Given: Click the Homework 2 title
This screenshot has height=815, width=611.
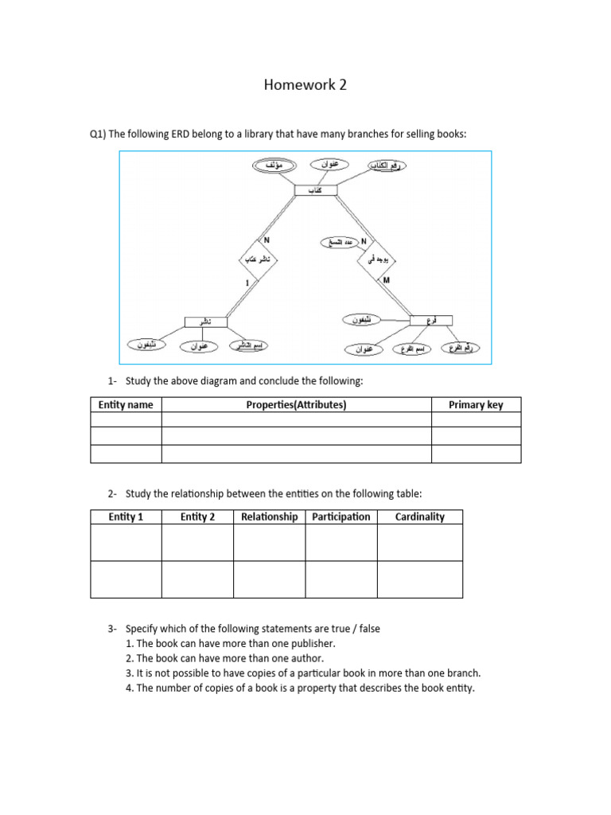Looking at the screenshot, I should pos(305,84).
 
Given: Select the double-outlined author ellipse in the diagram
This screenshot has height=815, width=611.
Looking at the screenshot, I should pos(274,165).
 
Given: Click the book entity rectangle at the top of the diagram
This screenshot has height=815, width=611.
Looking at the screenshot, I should pos(315,190).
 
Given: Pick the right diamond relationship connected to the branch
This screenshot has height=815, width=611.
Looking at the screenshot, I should pos(376,259).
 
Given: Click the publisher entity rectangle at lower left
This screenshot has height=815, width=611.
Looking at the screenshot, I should pos(205,322).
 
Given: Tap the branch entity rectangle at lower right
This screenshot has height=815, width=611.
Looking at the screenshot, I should pos(431,320).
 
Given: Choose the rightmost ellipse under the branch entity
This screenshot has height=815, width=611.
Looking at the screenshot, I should pos(461,348).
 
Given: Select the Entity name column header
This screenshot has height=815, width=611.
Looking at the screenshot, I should pos(126,405).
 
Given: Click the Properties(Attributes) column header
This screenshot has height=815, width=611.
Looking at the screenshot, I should pos(296,405).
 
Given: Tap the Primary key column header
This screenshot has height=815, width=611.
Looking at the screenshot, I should pos(476,405).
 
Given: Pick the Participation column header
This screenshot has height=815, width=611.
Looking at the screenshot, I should pos(341,517).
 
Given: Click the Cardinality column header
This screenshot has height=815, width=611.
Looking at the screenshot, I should pos(419,517).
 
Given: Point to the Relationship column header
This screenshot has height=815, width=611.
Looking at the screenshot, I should pos(269,517).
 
